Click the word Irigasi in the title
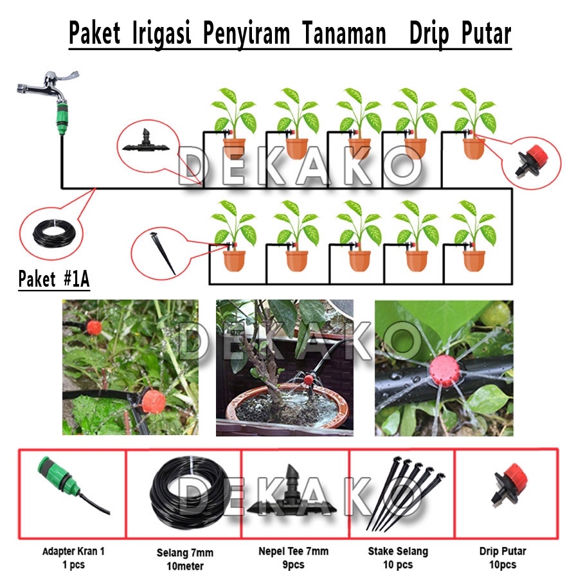coord(162,33)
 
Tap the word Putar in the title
coord(487,33)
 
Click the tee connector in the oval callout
coord(146,142)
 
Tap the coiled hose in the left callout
coord(54,233)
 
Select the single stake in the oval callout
coord(163,253)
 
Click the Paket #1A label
coord(54,279)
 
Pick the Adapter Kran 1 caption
coord(74,551)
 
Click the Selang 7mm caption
coord(185,553)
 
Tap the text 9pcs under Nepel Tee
coord(293,565)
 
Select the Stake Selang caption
coord(399,551)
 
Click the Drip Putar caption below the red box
coord(503,551)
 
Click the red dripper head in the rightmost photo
coord(445,370)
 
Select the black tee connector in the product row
coord(291,491)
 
